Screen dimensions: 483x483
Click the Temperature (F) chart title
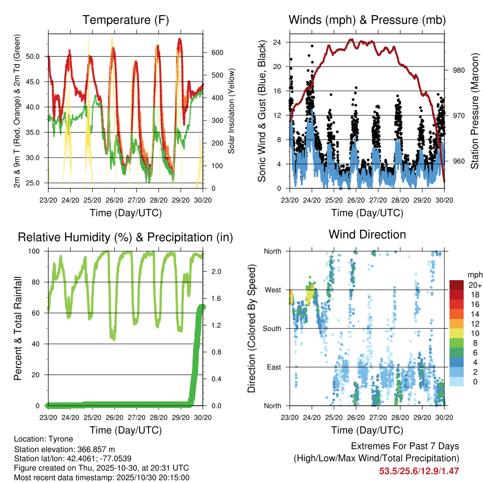(125, 20)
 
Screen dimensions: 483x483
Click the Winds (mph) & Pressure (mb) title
(367, 20)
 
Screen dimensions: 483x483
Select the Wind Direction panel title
(367, 234)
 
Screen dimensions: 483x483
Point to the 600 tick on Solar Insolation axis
(216, 52)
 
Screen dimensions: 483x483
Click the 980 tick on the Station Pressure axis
(459, 70)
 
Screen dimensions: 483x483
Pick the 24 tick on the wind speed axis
(277, 42)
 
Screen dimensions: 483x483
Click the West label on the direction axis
(273, 290)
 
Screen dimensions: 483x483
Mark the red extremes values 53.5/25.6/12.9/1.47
(419, 471)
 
